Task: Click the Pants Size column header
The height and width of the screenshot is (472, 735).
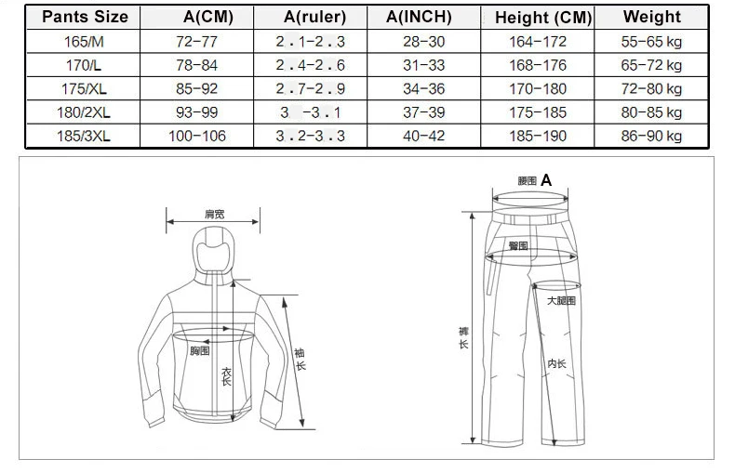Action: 85,17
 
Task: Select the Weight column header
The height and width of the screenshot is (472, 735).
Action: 651,17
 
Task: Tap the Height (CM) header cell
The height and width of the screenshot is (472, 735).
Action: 543,18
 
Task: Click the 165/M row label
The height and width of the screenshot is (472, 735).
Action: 84,42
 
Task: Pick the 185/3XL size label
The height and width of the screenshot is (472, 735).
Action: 84,136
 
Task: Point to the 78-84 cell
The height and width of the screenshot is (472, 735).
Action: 197,65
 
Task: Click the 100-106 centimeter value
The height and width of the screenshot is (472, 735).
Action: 197,136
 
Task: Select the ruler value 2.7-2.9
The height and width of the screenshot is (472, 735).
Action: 311,89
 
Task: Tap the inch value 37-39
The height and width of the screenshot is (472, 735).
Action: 423,112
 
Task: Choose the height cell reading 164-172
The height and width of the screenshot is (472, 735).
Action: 538,42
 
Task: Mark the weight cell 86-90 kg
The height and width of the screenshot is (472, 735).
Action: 651,136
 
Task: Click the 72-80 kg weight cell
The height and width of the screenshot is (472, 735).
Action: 651,89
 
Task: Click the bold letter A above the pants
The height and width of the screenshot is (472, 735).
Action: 546,180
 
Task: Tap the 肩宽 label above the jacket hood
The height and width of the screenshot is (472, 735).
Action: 215,215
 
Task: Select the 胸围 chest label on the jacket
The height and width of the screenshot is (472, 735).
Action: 200,350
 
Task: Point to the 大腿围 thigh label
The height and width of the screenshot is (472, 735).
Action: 561,301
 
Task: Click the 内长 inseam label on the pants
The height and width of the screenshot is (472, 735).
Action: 557,363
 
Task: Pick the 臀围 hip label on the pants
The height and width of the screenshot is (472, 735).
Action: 518,246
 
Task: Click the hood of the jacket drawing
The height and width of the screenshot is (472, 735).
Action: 214,253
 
